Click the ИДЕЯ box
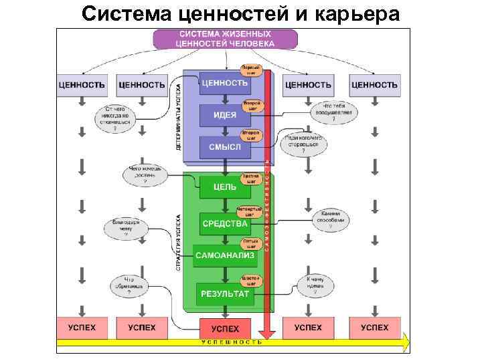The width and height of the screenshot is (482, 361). click(224, 115)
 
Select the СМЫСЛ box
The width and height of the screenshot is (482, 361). click(224, 146)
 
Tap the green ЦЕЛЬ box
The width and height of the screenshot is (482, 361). click(224, 187)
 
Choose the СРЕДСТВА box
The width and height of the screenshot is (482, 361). click(225, 223)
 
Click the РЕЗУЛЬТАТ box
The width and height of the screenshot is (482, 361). click(224, 293)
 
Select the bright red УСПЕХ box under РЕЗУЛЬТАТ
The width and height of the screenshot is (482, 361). click(224, 329)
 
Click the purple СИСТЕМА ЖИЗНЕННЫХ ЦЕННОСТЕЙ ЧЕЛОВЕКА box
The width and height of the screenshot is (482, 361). click(224, 39)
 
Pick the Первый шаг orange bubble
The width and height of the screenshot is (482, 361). click(250, 70)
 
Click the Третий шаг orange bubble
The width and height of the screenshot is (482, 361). click(251, 178)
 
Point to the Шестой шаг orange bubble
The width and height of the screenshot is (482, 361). click(252, 281)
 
